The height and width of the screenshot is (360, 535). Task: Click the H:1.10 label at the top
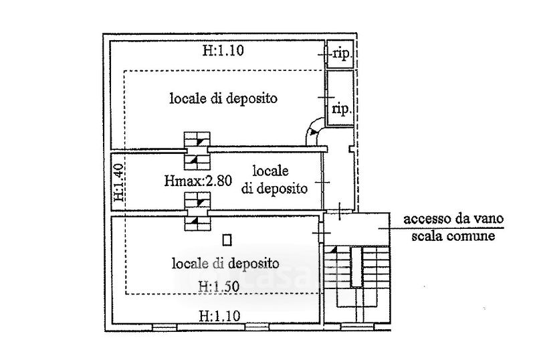223,51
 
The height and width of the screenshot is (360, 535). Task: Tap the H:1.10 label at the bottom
219,316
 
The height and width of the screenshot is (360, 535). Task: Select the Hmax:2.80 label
198,180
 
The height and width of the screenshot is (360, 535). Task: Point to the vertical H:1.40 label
118,183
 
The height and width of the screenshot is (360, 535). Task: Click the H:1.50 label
219,286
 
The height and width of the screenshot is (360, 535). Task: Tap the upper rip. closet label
342,54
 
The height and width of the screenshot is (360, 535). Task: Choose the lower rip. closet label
342,109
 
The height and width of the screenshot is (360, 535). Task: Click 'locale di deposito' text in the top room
223,98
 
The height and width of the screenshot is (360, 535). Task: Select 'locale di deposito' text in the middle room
274,179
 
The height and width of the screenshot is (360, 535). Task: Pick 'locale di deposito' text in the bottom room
225,263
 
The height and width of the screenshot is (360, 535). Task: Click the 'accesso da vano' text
453,219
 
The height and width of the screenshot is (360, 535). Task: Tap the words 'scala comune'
453,236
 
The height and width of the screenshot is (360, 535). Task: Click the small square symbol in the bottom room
227,240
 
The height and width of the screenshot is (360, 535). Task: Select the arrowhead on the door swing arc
312,131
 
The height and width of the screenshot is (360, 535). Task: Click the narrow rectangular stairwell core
356,267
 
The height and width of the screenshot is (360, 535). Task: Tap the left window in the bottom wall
165,328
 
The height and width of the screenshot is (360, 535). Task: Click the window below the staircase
357,327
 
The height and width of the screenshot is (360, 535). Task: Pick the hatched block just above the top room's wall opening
197,139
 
